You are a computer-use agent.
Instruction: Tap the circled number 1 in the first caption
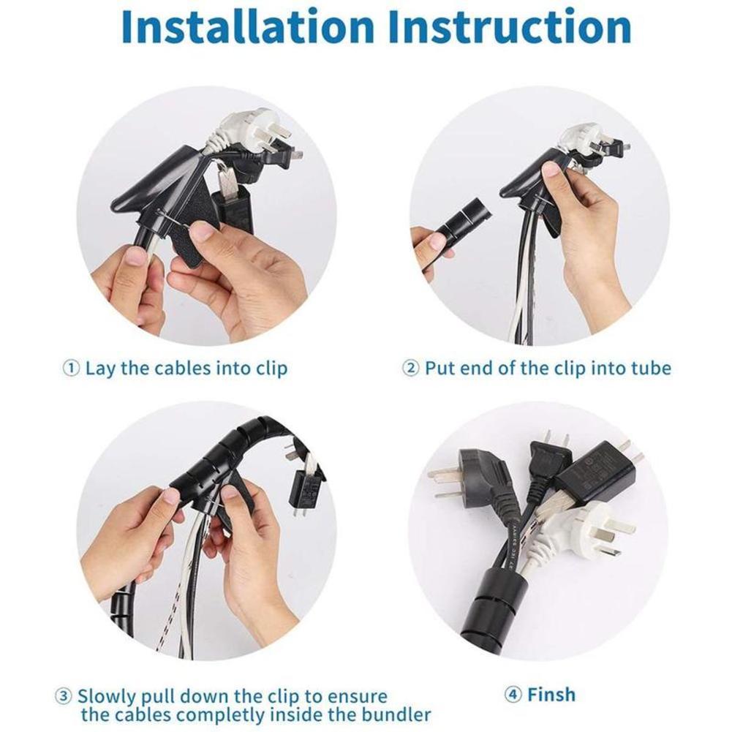71,368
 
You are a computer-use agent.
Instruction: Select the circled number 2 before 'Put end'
411,368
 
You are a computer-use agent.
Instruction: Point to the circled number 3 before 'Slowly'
64,695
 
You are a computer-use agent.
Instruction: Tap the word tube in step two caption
650,368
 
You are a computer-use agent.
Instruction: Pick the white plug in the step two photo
581,139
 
